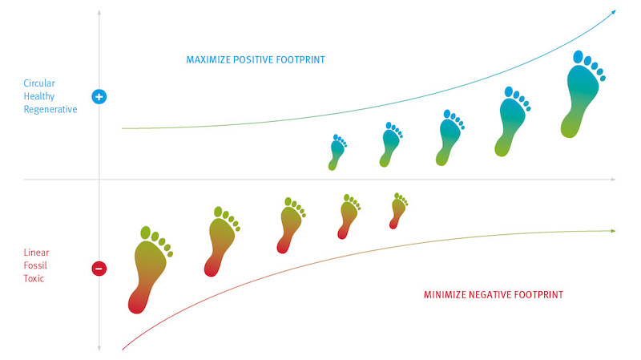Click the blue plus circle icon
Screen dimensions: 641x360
pos(99,96)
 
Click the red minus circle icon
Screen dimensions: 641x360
pos(99,269)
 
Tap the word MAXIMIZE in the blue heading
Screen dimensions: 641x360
pos(208,59)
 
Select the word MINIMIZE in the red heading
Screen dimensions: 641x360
pos(445,294)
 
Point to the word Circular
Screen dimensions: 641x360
pos(39,83)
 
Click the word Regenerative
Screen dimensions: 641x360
pos(50,110)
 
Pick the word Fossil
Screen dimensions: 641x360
pos(35,265)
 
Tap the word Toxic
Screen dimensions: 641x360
pos(34,278)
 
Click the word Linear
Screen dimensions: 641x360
pos(36,253)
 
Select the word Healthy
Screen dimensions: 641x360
pos(38,96)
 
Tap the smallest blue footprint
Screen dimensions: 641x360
pos(337,153)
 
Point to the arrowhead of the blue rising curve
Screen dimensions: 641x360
pos(613,12)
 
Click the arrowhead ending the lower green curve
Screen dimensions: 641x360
pos(613,231)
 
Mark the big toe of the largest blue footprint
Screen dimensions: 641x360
pos(578,57)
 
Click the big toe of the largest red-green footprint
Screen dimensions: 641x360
pos(146,233)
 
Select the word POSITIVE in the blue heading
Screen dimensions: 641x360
pos(253,59)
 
